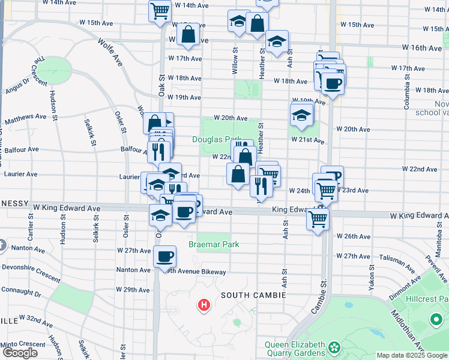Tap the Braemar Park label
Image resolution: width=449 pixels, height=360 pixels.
coord(214,244)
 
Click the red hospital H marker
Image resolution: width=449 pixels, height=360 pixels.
coord(204,305)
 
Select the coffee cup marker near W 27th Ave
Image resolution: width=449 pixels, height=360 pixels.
coord(164,257)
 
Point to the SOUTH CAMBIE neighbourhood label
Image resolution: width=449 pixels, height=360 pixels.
coord(252,295)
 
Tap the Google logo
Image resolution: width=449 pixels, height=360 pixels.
coord(19,353)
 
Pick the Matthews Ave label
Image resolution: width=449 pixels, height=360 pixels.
coord(25,119)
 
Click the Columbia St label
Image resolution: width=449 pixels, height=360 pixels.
coord(406,97)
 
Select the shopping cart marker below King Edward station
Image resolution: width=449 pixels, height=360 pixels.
coord(317,219)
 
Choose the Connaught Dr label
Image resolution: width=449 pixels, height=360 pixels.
coord(21,295)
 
